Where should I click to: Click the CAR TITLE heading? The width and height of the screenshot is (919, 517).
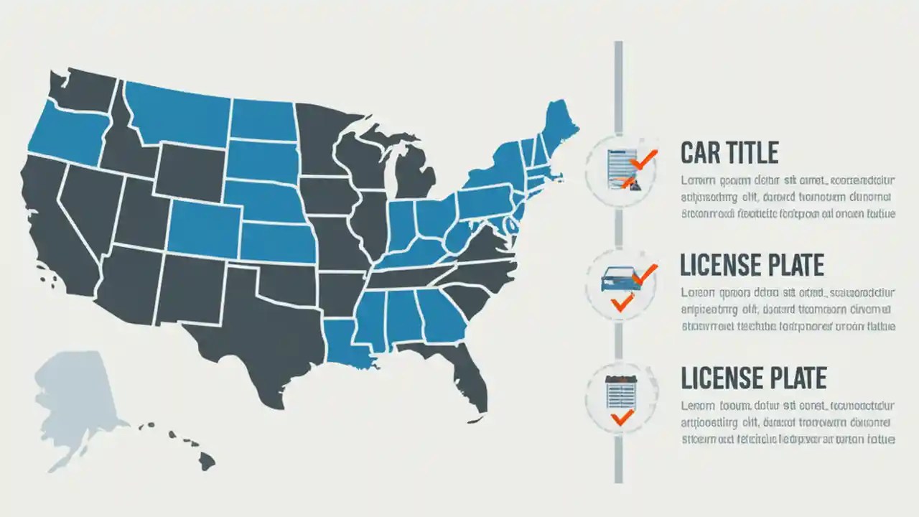click(x=729, y=153)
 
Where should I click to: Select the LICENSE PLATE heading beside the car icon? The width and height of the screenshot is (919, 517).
click(x=752, y=266)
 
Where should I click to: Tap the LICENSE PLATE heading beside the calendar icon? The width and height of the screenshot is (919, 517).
click(x=753, y=378)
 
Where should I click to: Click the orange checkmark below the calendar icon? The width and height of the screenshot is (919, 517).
click(x=621, y=416)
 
